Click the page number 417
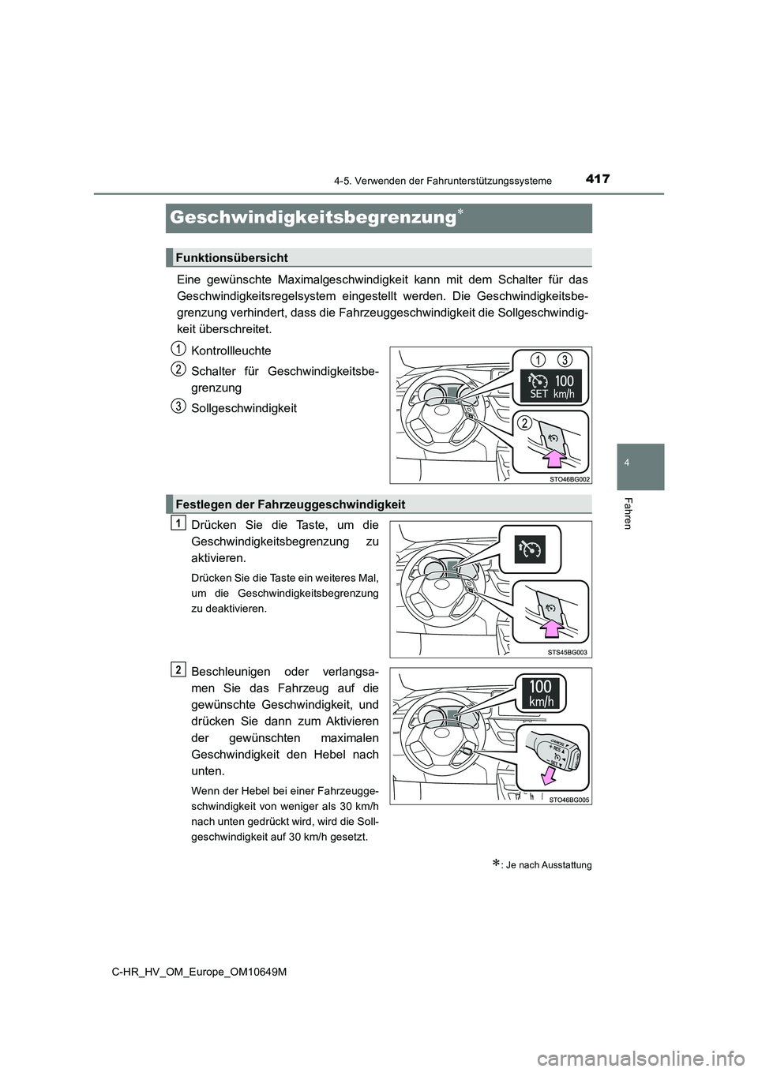click(599, 179)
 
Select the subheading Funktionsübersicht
click(231, 257)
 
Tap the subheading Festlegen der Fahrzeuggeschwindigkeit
click(290, 504)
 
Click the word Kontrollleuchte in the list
click(231, 350)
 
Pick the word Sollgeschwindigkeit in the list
click(244, 408)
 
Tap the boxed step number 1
click(179, 523)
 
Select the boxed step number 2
click(179, 670)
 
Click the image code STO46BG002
click(569, 478)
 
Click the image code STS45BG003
click(569, 652)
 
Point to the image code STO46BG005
click(569, 799)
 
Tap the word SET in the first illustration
click(539, 393)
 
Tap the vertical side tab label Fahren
click(628, 513)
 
